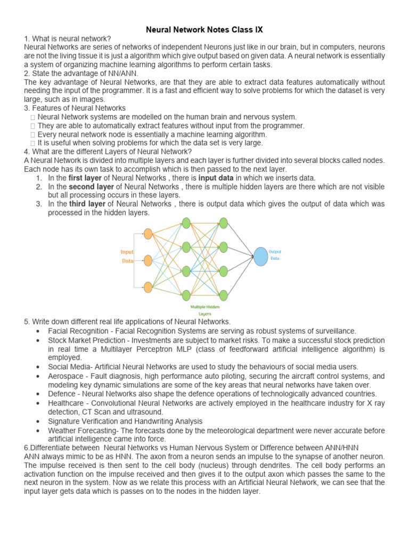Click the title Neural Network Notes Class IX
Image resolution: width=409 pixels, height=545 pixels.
pyautogui.click(x=204, y=30)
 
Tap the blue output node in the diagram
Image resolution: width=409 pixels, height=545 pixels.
pyautogui.click(x=260, y=256)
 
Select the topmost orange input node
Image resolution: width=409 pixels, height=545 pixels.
pyautogui.click(x=148, y=233)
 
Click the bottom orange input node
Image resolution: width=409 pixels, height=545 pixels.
pyautogui.click(x=148, y=287)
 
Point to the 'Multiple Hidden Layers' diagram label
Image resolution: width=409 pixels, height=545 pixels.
pyautogui.click(x=204, y=310)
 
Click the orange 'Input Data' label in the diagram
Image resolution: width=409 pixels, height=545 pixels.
pyautogui.click(x=127, y=257)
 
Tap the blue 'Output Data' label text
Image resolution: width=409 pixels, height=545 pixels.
pyautogui.click(x=275, y=254)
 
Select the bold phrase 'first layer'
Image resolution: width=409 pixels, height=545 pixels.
pyautogui.click(x=87, y=178)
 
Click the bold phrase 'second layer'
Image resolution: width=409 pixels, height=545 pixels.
pyautogui.click(x=92, y=187)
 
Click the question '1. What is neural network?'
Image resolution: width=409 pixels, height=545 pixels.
pyautogui.click(x=68, y=39)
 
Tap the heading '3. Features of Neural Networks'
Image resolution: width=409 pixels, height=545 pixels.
pyautogui.click(x=75, y=108)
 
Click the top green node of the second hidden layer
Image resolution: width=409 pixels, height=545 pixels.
pyautogui.click(x=224, y=222)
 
